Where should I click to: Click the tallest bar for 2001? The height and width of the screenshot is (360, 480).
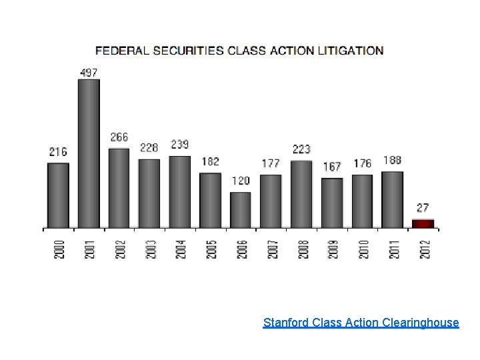pos(89,153)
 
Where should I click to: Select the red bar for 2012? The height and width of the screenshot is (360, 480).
pos(423,223)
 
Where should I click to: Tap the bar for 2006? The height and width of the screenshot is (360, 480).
pos(241,210)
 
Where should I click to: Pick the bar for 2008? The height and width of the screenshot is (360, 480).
pos(301,194)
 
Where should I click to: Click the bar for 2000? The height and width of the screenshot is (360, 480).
pos(58,195)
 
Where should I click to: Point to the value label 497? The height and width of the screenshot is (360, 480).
pos(89,72)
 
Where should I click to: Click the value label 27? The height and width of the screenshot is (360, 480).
pos(423,209)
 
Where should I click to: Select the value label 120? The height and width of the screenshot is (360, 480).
pos(241,181)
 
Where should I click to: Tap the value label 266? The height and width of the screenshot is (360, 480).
pos(119,137)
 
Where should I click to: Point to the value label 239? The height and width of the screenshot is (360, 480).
pos(180,145)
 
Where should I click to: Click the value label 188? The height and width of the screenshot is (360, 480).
pos(393,161)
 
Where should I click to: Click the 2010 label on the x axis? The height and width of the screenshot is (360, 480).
pos(364,249)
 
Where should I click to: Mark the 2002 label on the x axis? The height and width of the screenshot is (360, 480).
pos(120,249)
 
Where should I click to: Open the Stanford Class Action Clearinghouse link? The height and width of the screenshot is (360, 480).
pos(361,323)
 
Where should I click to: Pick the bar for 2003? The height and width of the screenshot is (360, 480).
pos(149,193)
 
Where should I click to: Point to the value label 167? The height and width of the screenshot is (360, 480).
pos(331,167)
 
